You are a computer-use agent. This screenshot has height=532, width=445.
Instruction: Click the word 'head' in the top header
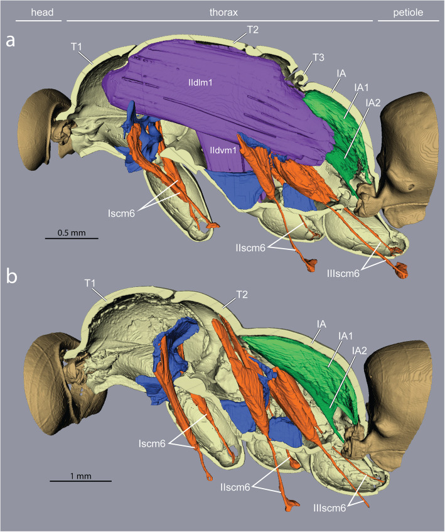(x=31, y=11)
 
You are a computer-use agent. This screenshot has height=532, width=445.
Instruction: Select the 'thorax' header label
(x=222, y=11)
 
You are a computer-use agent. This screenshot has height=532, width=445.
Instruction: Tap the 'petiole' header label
(x=409, y=11)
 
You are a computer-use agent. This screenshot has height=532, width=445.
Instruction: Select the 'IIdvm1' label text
(x=222, y=150)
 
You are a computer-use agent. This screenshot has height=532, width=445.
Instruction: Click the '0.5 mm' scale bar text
(x=72, y=232)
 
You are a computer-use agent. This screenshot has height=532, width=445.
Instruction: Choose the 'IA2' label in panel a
(x=373, y=102)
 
